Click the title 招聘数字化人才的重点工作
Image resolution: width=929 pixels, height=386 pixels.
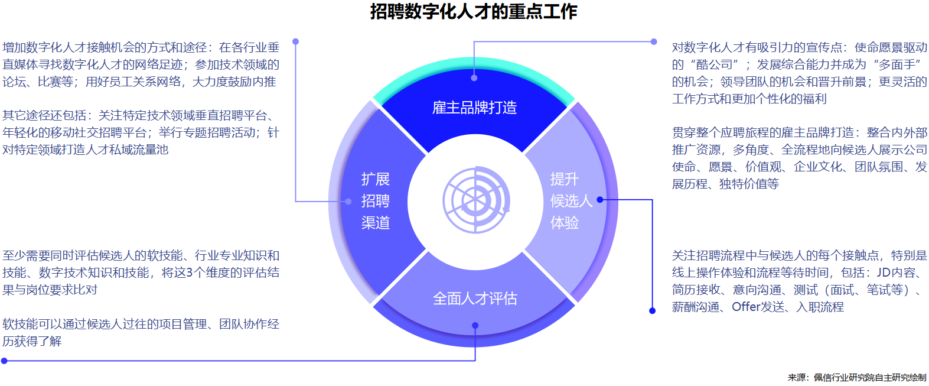pos(474,11)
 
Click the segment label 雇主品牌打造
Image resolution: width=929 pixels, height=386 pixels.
pos(474,108)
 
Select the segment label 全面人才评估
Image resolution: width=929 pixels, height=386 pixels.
pos(475,299)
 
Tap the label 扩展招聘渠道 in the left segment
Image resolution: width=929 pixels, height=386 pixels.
pos(376,201)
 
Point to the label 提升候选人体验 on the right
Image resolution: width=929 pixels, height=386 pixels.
pos(571,201)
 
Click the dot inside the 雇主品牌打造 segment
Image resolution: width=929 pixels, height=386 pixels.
pos(474,78)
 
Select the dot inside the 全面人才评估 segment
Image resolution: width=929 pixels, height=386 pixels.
pos(475,325)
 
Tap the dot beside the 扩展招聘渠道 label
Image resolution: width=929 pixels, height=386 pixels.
pos(348,202)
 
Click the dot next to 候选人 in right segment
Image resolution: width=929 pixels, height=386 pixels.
pos(600,200)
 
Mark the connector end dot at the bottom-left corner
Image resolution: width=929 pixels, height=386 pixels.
pos(4,361)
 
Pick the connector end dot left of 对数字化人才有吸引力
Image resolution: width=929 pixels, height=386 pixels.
pos(654,41)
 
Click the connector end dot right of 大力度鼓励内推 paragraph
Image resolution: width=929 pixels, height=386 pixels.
pos(296,41)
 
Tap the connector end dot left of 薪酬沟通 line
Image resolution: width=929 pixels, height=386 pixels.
pos(653,311)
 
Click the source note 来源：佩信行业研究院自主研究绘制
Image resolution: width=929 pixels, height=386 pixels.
pos(857,377)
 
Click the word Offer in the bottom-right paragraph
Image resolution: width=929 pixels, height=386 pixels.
pos(747,307)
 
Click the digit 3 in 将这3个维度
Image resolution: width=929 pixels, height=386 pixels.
pos(190,273)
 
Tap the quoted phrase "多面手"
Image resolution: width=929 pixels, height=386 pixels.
pos(899,64)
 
